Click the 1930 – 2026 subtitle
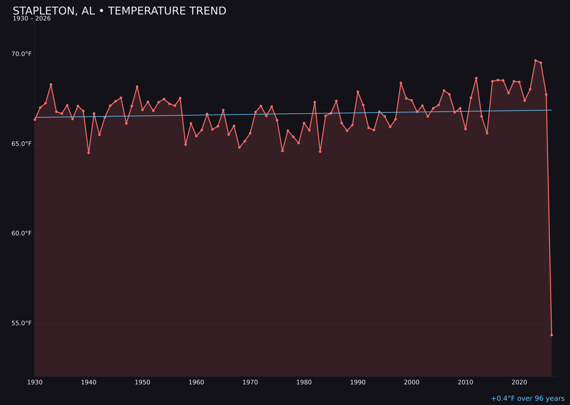coord(32,19)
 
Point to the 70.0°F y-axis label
coord(22,54)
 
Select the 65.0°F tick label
coord(22,143)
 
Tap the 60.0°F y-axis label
coord(22,233)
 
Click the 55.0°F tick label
coord(22,323)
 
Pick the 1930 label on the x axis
coord(35,382)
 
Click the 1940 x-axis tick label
coord(89,382)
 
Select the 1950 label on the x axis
coord(142,382)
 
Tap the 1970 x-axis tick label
coord(250,382)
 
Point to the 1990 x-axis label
coord(358,382)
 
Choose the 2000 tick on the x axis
coord(412,382)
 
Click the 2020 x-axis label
coord(519,382)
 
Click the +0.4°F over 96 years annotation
coord(527,399)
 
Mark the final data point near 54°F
coord(552,335)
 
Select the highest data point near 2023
coord(535,61)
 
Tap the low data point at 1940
coord(89,152)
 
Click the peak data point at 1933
coord(51,84)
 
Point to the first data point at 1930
coord(35,119)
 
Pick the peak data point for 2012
coord(476,79)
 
